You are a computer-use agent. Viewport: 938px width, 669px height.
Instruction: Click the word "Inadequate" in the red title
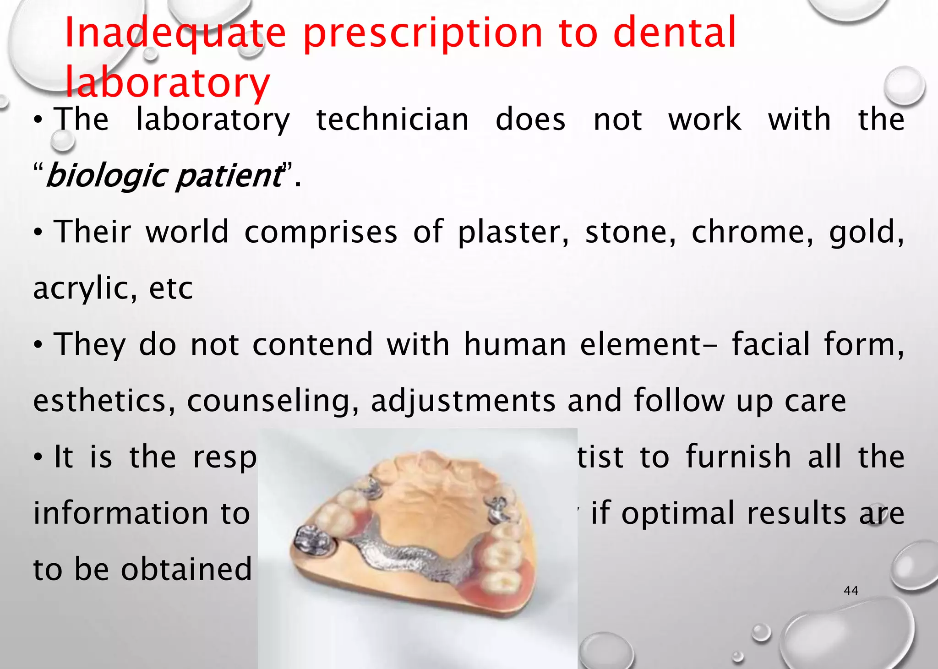(175, 33)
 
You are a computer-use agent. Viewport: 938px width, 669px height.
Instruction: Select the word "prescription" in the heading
(423, 33)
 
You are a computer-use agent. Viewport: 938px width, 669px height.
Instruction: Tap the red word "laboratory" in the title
(168, 82)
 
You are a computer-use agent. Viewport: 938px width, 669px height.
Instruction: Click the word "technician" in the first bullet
(393, 120)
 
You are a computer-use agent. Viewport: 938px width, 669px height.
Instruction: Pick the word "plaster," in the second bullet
(514, 232)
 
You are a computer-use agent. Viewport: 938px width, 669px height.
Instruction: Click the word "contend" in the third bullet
(313, 344)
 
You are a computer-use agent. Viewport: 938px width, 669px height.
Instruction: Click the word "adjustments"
(463, 401)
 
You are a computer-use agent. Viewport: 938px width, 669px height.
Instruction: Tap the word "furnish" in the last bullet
(738, 457)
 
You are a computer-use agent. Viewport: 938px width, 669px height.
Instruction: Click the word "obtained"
(186, 569)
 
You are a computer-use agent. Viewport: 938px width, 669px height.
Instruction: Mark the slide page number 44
(851, 591)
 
